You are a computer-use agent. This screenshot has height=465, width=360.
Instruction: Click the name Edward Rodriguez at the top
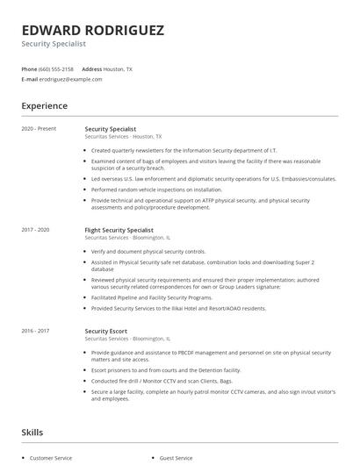point(92,31)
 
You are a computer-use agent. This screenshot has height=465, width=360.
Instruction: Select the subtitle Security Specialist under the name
point(54,44)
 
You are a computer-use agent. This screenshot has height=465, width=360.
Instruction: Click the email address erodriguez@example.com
point(70,79)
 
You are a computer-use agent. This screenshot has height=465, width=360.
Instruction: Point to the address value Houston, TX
point(119,68)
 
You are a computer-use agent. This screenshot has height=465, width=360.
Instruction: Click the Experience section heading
point(44,106)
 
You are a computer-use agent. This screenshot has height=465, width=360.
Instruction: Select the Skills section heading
point(32,433)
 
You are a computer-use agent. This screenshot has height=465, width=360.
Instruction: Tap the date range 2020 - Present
point(39,129)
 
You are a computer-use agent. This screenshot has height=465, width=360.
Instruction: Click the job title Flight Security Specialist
point(119,230)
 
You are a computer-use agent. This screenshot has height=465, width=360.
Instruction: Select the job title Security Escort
point(105,332)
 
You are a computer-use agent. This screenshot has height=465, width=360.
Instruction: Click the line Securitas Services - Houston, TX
point(123,137)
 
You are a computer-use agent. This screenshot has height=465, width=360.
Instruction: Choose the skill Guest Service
point(177,458)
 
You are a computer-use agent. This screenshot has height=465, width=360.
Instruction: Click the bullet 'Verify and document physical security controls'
point(148,251)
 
